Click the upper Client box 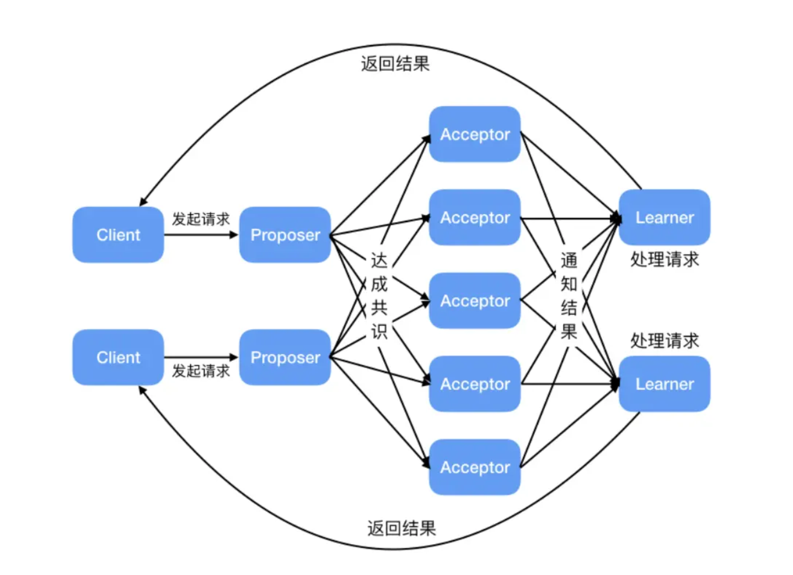click(118, 235)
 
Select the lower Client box click(118, 357)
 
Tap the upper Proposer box click(285, 235)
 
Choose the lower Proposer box click(285, 357)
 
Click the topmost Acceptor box click(475, 134)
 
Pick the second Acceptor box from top click(475, 218)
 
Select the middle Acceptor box click(475, 301)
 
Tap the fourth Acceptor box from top click(475, 384)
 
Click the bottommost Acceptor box click(475, 467)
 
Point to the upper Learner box click(665, 218)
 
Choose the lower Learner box click(665, 384)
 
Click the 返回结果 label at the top click(395, 64)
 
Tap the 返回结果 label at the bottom click(401, 529)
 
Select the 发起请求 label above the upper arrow click(201, 219)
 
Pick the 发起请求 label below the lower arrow click(201, 371)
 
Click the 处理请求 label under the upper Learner click(665, 259)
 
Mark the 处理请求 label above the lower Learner click(665, 341)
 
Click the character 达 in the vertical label click(379, 261)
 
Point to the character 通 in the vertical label click(569, 261)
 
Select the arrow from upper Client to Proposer click(201, 235)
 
